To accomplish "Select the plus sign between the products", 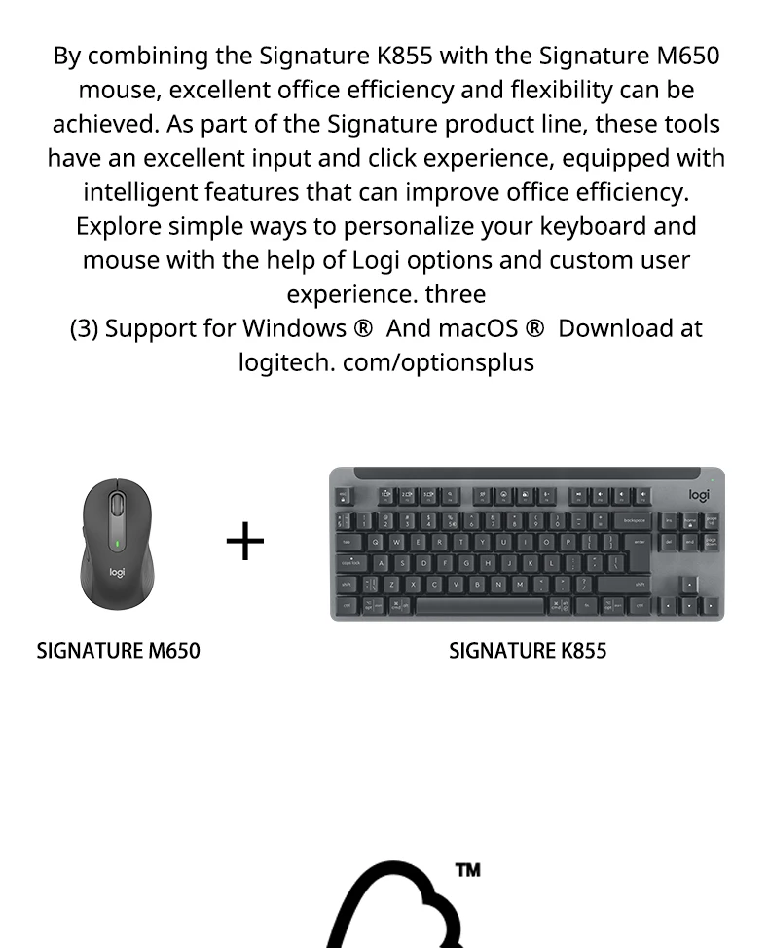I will click(x=244, y=541).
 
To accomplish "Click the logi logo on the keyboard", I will click(x=699, y=495).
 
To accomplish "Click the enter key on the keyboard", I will click(x=639, y=542).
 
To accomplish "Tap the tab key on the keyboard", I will click(x=347, y=542).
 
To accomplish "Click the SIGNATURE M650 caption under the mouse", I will click(x=118, y=651).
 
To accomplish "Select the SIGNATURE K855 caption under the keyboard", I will click(x=528, y=651).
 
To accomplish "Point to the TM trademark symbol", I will click(x=467, y=870).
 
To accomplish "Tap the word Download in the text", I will click(x=617, y=328).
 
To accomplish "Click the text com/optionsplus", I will click(x=438, y=362).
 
